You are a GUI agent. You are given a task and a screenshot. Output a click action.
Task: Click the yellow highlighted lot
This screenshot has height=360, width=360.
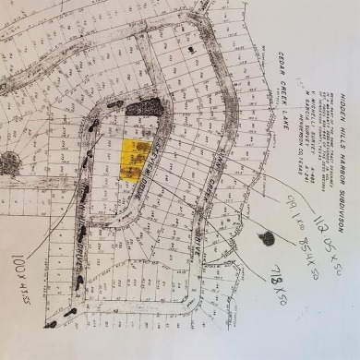click(x=137, y=157)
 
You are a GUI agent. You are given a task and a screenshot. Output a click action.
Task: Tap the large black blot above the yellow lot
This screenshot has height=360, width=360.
click(x=144, y=107)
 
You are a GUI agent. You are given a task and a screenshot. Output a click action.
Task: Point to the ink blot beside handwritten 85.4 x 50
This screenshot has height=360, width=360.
click(x=268, y=239)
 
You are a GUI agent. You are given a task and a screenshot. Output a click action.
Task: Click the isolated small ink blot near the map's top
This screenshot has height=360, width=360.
click(x=191, y=48)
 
